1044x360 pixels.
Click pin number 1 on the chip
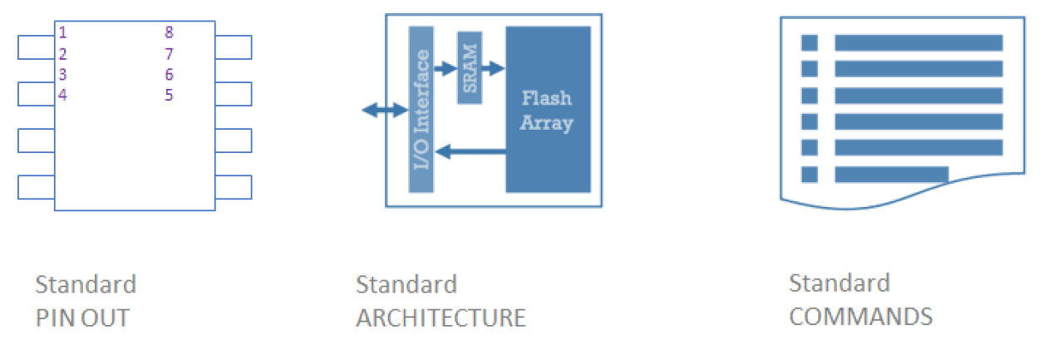[x=62, y=33]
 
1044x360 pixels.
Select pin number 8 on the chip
[x=169, y=33]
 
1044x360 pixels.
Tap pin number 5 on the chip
[x=169, y=95]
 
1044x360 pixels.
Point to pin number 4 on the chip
[x=62, y=95]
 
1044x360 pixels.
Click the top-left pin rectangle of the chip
[x=36, y=47]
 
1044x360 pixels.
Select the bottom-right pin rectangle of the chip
[x=233, y=187]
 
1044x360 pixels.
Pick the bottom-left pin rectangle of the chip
[x=36, y=187]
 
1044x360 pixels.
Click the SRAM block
[x=469, y=68]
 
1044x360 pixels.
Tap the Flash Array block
[x=548, y=110]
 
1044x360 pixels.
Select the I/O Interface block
[x=421, y=109]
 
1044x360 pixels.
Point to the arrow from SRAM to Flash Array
[x=494, y=68]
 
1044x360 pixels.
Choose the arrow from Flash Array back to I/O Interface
[x=470, y=151]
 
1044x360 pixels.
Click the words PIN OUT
[x=82, y=318]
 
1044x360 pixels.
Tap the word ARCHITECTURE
[x=441, y=318]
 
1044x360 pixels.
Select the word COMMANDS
[x=860, y=317]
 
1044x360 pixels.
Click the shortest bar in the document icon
[x=891, y=174]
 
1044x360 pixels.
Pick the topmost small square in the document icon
[x=809, y=42]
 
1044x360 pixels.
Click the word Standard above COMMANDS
[x=839, y=283]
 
